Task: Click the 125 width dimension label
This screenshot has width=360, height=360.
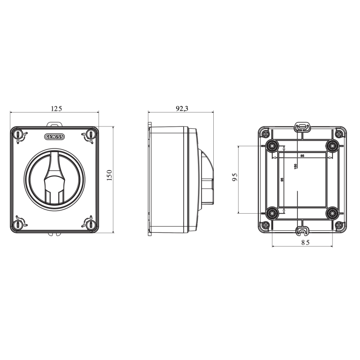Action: [x=56, y=108]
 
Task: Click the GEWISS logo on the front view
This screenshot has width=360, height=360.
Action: [x=54, y=136]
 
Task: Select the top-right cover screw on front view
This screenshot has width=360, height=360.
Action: [x=90, y=134]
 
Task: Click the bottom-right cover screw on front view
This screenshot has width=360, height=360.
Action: [x=90, y=223]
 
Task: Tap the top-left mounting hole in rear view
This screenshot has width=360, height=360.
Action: [x=272, y=146]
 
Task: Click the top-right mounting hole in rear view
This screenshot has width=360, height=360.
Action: [x=333, y=146]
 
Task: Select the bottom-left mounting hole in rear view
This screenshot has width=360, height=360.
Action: [x=272, y=212]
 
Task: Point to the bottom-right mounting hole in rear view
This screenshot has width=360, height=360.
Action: [x=333, y=212]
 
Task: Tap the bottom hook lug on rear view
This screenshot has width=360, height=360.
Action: [x=302, y=232]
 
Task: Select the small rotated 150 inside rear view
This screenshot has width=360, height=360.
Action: [x=295, y=166]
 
